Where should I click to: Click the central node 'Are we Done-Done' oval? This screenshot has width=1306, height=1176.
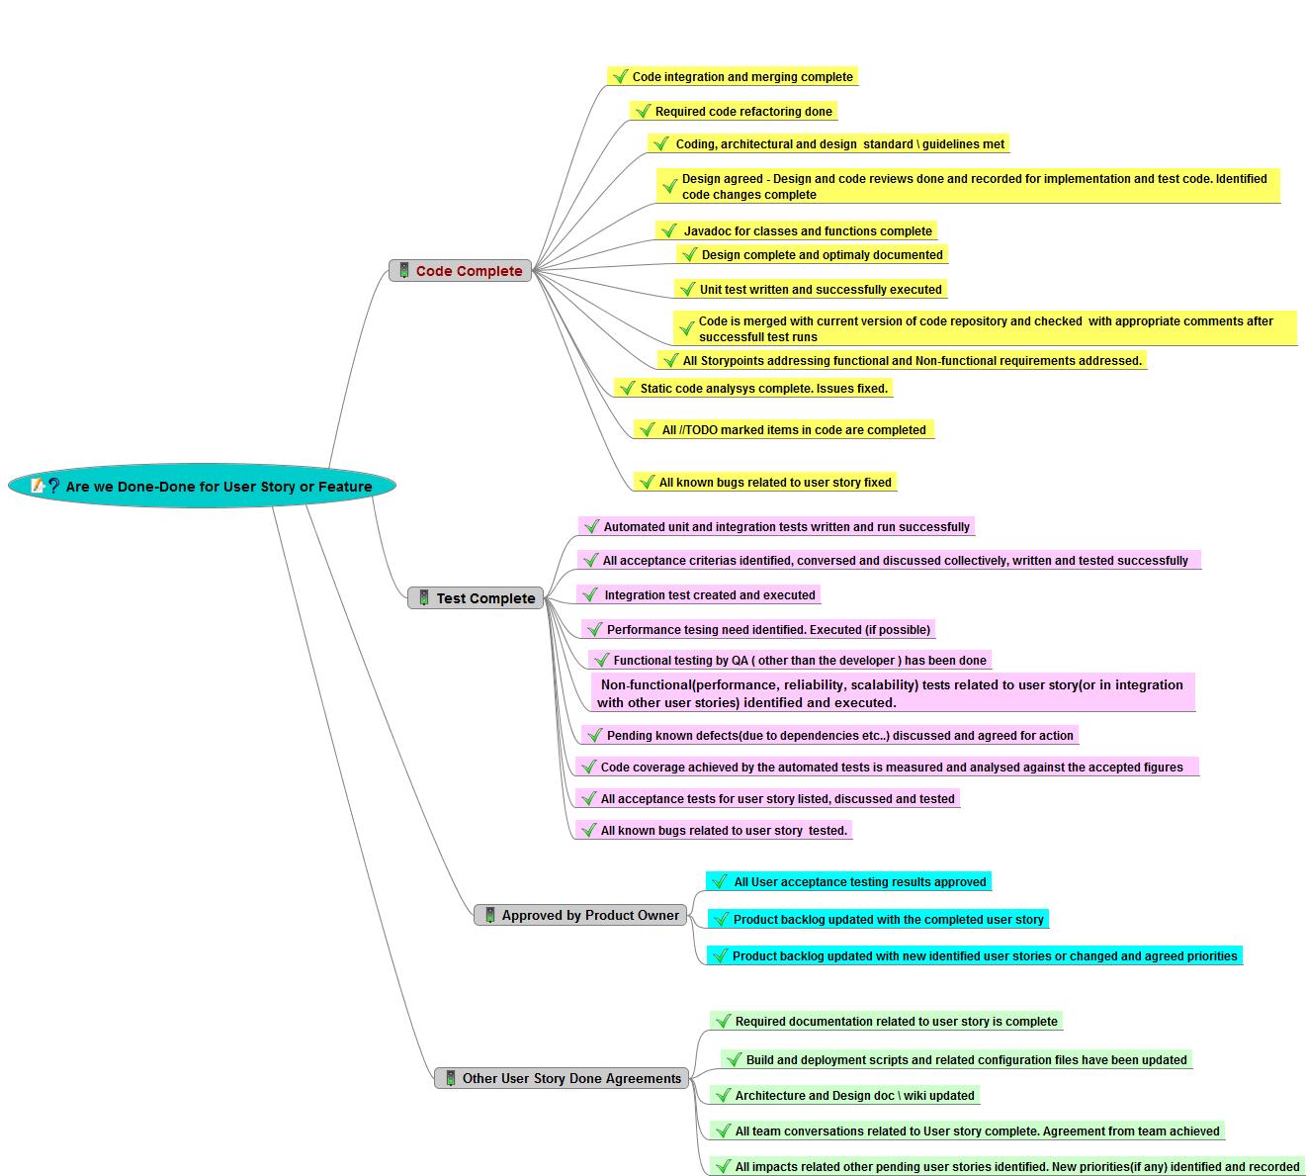point(202,486)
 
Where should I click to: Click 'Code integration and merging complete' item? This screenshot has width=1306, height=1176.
point(741,77)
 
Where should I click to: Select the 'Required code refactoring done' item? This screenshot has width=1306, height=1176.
point(742,112)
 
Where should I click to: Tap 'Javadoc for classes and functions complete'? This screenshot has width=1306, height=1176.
point(807,231)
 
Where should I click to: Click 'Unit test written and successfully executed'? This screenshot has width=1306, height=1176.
point(820,290)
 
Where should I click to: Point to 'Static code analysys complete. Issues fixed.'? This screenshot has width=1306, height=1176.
point(763,389)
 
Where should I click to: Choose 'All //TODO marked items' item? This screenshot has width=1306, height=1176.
point(793,430)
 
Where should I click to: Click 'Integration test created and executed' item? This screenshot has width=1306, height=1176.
point(709,595)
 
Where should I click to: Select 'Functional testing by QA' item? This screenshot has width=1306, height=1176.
point(799,661)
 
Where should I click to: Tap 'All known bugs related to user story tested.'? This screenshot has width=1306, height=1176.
point(724,831)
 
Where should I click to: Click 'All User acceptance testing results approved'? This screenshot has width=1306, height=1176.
point(859,882)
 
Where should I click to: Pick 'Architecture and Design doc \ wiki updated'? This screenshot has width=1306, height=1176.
point(854,1096)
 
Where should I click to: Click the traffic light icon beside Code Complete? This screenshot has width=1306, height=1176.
point(404,270)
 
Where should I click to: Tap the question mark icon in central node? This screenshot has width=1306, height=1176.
point(53,486)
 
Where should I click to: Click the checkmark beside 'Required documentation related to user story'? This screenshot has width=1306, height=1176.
point(723,1022)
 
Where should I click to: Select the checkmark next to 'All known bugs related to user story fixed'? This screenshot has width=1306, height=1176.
point(647,483)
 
